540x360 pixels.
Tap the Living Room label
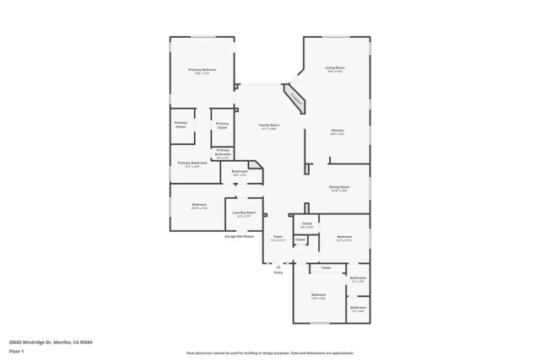336,69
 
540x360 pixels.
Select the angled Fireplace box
295,97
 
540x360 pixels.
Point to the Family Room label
269,126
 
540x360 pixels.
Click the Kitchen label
337,132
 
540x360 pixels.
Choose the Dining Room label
339,188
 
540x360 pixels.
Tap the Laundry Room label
245,213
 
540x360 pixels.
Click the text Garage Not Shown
239,237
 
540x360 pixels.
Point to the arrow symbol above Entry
278,266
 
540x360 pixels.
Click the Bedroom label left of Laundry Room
199,206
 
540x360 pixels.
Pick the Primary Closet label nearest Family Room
222,126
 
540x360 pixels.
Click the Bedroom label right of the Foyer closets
344,238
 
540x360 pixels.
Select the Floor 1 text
28,351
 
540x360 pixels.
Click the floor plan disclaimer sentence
269,351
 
